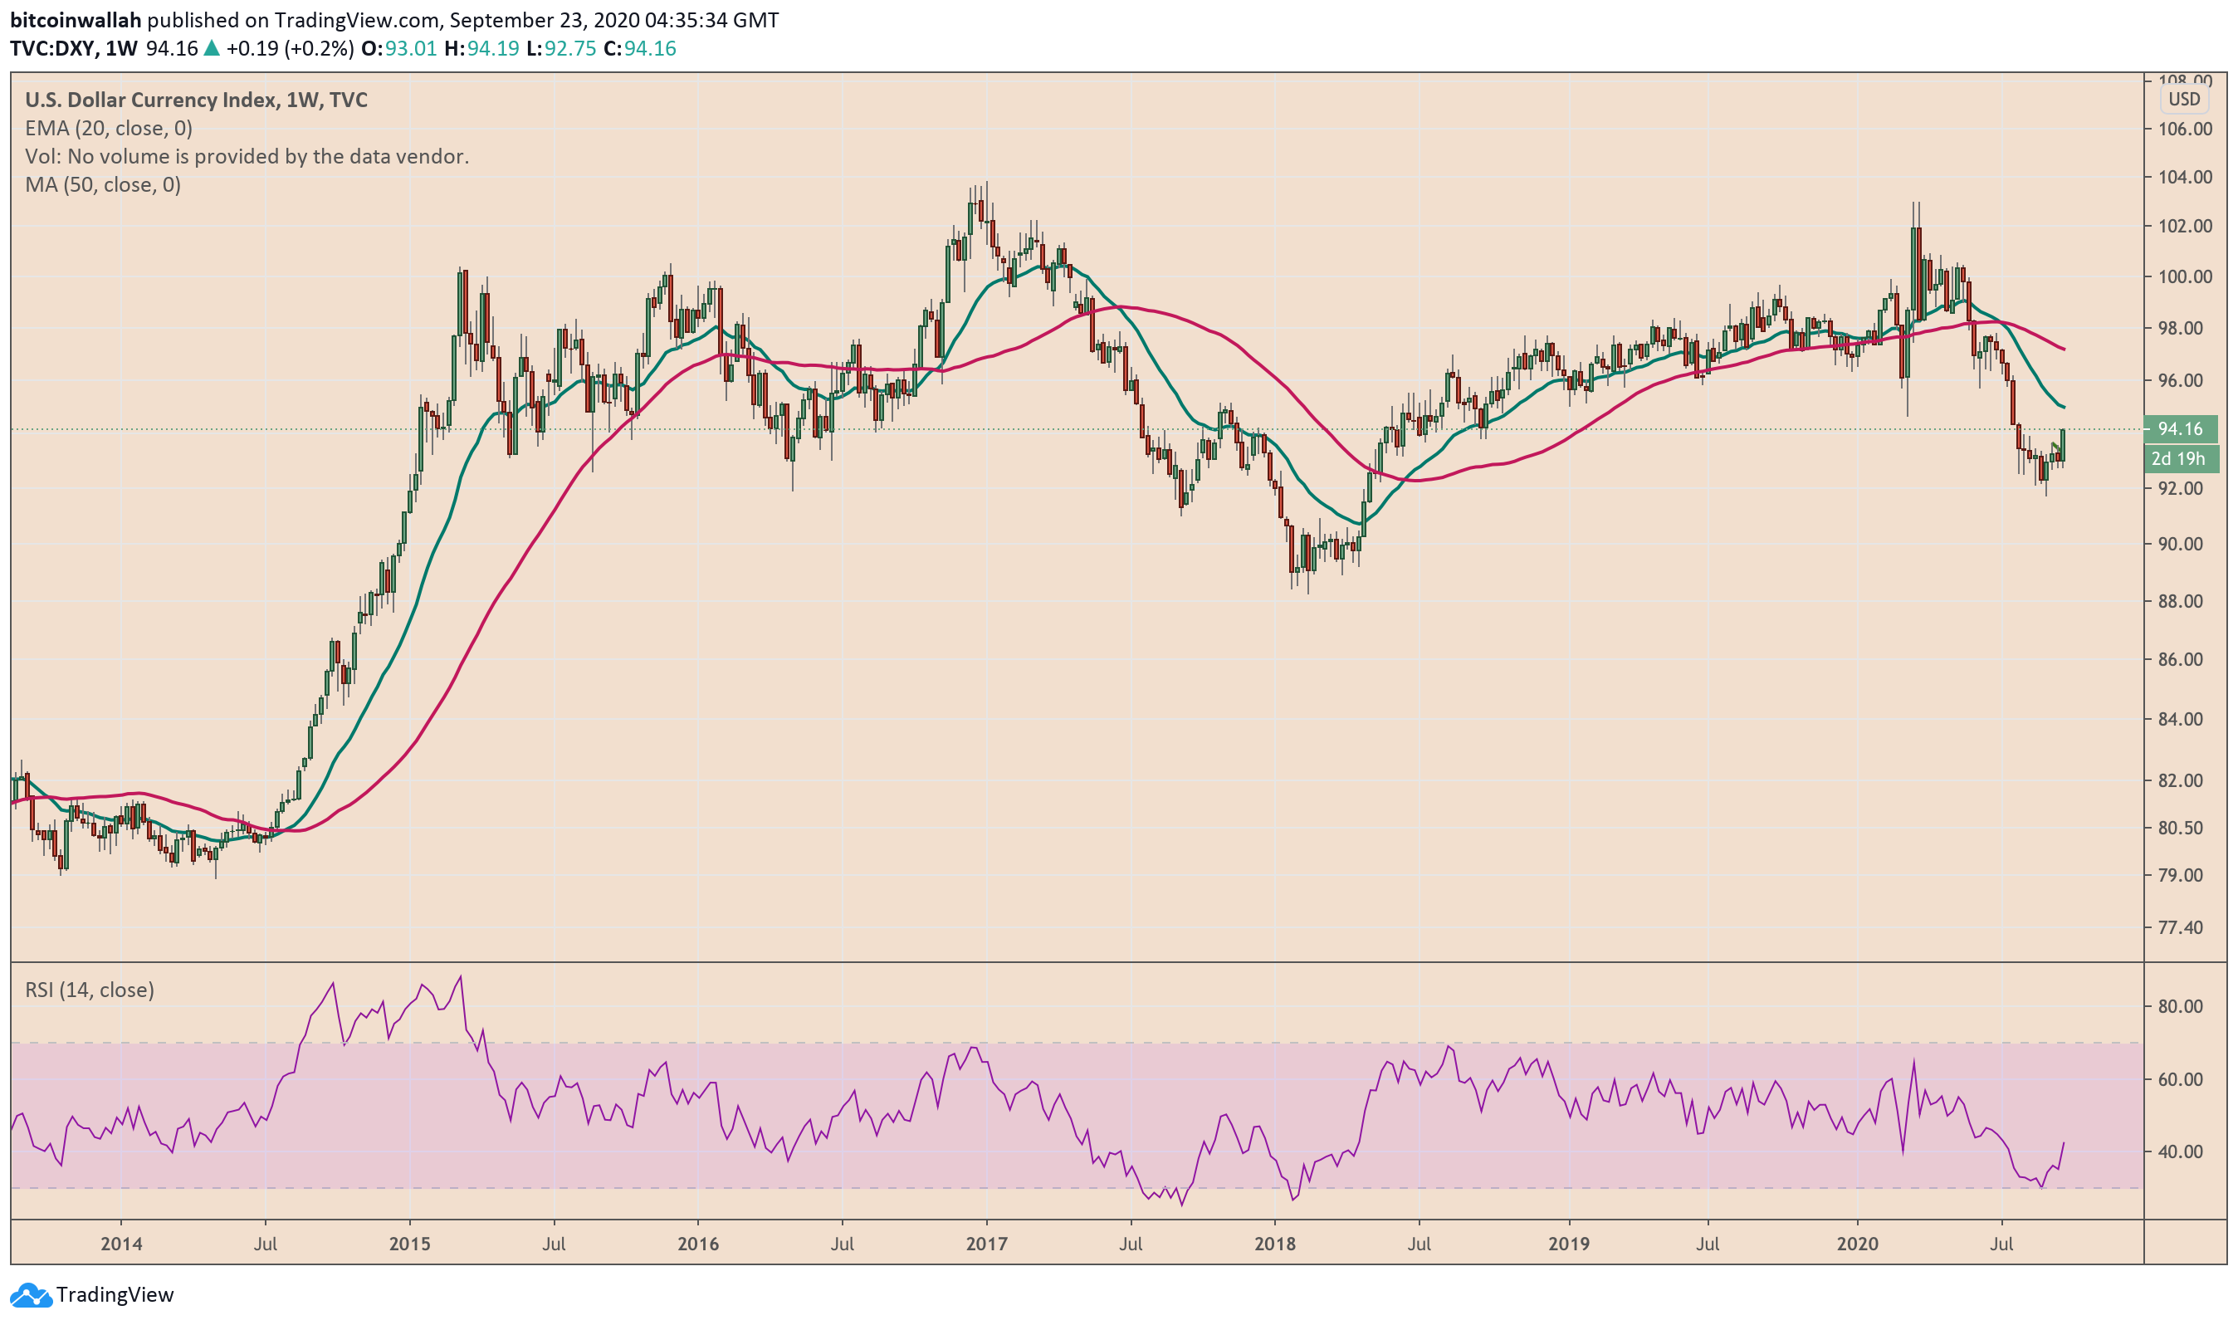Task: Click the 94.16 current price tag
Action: point(2179,429)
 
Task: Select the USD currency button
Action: point(2183,99)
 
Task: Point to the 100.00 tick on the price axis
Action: point(2184,276)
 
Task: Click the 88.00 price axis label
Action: point(2184,602)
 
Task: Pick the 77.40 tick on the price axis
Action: point(2184,927)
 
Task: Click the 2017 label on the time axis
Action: point(985,1244)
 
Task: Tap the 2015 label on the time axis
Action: point(409,1244)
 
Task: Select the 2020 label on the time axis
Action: point(1857,1244)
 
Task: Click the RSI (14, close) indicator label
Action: point(90,990)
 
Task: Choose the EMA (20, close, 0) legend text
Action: point(108,129)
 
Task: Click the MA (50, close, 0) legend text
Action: point(103,185)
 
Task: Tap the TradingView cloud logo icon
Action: point(31,1294)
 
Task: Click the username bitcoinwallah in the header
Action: point(76,20)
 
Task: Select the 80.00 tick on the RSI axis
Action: point(2184,1006)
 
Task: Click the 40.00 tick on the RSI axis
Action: point(2184,1151)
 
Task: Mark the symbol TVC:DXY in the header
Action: point(51,48)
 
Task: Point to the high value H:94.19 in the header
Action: point(481,48)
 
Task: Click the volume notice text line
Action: point(247,156)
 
